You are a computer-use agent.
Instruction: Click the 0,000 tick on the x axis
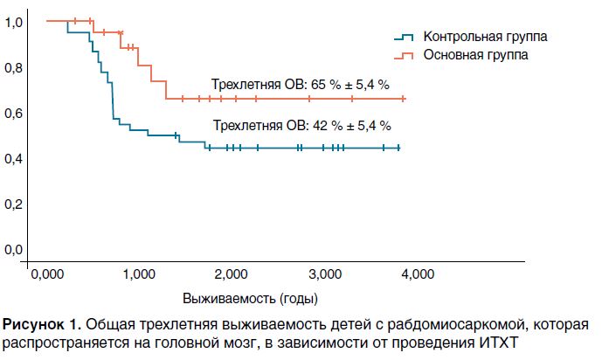point(47,275)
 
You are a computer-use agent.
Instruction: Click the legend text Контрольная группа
point(486,37)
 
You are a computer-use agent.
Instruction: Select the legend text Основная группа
point(476,55)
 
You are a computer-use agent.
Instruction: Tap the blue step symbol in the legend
point(403,38)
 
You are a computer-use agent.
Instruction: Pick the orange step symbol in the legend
point(403,56)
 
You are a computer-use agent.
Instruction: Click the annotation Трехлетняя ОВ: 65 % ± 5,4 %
point(300,85)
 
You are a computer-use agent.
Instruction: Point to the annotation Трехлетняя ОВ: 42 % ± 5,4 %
point(302,126)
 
